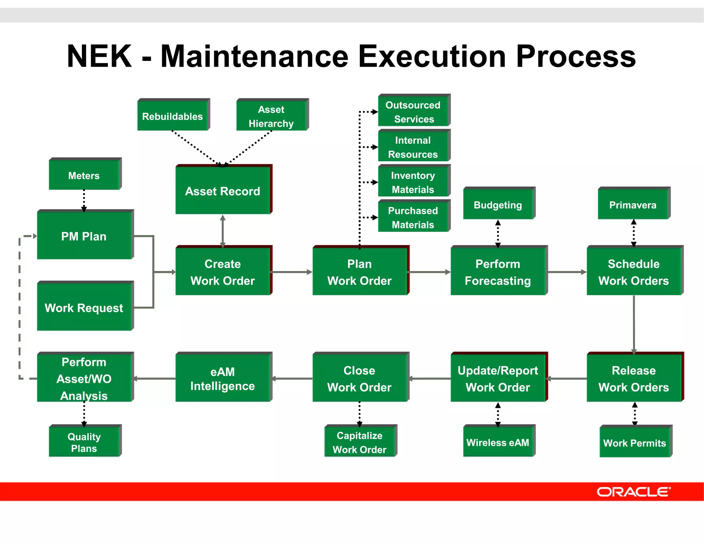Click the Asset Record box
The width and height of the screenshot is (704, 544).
point(223,191)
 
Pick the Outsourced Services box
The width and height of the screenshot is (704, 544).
point(413,112)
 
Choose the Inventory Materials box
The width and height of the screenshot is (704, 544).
point(413,182)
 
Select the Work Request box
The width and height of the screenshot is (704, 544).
point(84,307)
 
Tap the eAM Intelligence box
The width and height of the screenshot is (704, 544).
point(223,379)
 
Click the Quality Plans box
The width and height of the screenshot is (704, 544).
point(84,442)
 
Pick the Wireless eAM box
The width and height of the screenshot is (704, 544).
point(498,442)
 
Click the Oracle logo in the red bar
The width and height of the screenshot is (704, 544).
point(634,492)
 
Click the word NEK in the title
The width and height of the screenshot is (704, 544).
point(100,56)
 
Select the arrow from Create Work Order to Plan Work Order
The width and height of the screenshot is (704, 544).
point(292,272)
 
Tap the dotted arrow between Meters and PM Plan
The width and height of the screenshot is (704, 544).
point(84,200)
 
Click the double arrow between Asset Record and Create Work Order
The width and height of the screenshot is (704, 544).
point(223,231)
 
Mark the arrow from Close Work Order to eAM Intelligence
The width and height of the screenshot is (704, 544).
point(292,379)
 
